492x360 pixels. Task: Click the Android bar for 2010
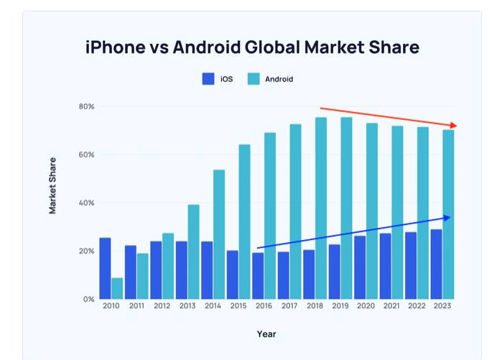(x=117, y=288)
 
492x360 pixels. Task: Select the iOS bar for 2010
(x=105, y=268)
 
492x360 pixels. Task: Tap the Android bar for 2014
(x=219, y=234)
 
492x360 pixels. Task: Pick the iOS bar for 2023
(x=436, y=264)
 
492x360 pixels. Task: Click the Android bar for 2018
(x=321, y=208)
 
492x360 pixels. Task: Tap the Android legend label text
(x=279, y=79)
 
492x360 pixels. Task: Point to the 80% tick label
(x=87, y=106)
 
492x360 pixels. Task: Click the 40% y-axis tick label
(x=87, y=203)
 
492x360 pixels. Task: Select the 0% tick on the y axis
(x=89, y=299)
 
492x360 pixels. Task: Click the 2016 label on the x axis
(x=264, y=307)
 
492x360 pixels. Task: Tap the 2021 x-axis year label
(x=391, y=307)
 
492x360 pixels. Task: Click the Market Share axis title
(x=53, y=185)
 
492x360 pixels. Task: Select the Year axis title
(x=266, y=334)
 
